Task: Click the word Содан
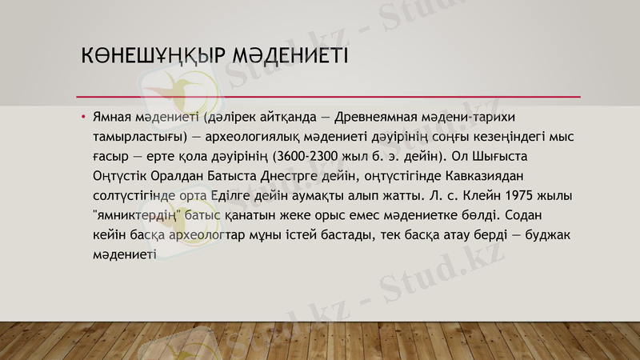[529, 214]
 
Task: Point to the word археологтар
[209, 234]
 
